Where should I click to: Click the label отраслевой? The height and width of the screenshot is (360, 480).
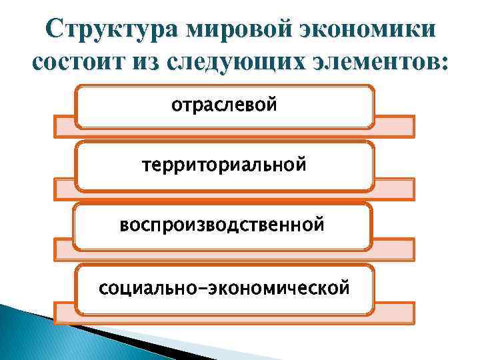[x=224, y=105]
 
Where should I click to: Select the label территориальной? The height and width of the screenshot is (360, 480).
[x=224, y=164]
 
